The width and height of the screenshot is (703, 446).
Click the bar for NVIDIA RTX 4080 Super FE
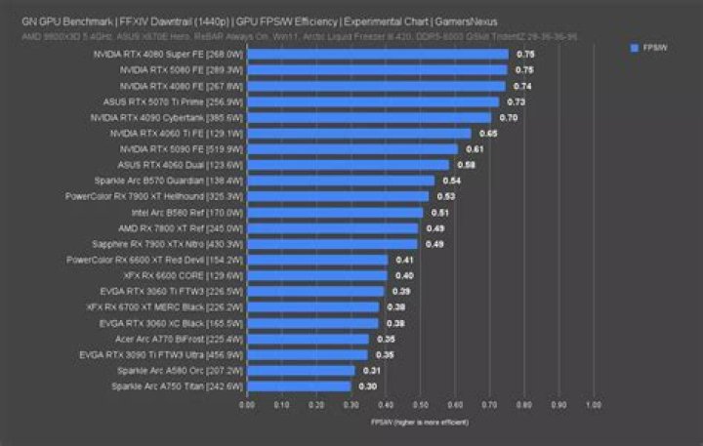click(x=377, y=55)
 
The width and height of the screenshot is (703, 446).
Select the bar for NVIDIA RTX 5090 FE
click(x=351, y=149)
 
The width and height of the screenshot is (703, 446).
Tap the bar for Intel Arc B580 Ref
click(x=334, y=212)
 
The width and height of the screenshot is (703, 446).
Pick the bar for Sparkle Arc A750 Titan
click(x=298, y=385)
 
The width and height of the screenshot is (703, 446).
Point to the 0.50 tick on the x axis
click(x=420, y=403)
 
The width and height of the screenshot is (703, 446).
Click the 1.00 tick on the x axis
click(x=593, y=403)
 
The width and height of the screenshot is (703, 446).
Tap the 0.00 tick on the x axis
click(x=247, y=403)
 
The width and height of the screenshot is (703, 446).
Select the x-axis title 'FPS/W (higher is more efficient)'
click(x=419, y=422)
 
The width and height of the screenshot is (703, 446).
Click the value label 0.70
click(x=509, y=117)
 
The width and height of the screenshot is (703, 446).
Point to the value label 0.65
click(x=488, y=134)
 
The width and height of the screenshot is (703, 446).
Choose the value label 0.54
click(x=452, y=181)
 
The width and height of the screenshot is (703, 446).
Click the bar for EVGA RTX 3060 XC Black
click(x=312, y=322)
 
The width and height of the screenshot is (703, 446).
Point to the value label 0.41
click(x=405, y=260)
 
